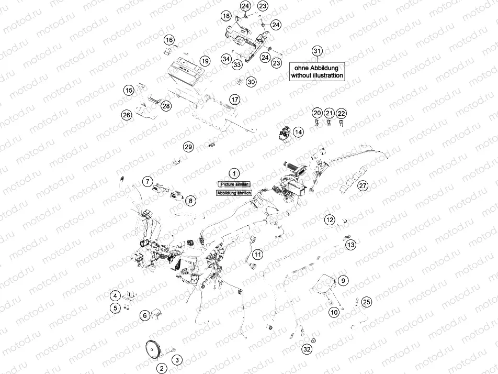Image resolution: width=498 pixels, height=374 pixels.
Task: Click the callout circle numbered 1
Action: point(234,173)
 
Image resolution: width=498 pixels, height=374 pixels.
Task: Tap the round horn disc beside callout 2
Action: point(153,349)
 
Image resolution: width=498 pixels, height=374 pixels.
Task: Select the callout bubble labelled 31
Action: point(317,51)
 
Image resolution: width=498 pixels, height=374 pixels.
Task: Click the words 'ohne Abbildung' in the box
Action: point(318,68)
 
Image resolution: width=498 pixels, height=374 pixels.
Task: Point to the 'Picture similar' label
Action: point(234,184)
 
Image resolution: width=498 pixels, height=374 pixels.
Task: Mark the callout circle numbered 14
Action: point(298,133)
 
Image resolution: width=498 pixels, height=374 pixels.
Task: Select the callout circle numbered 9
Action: point(343,281)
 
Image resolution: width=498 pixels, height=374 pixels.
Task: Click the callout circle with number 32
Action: point(307,349)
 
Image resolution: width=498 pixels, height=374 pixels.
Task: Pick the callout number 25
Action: point(366,302)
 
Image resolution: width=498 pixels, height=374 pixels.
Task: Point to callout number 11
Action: point(257,255)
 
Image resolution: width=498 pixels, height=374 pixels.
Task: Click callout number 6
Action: point(144,315)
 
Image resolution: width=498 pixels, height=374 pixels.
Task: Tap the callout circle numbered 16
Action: point(169,40)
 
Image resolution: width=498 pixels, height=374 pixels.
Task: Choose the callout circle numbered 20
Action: point(317,113)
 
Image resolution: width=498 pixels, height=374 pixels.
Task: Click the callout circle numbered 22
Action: point(341,113)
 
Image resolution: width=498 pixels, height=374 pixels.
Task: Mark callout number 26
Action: point(126,115)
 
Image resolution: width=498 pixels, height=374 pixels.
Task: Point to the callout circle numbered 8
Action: point(190,201)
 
